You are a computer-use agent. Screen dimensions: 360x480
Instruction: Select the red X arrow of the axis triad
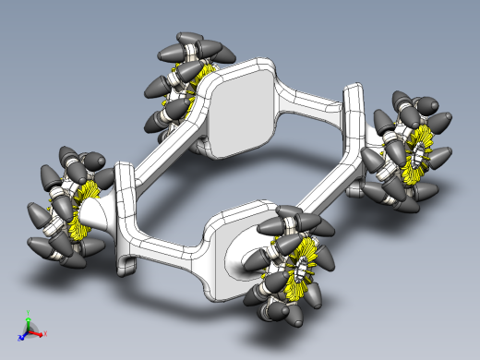coord(41,332)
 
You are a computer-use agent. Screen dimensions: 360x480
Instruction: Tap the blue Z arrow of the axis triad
coord(23,334)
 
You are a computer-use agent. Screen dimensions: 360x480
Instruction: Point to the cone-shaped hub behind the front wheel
coord(242,260)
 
